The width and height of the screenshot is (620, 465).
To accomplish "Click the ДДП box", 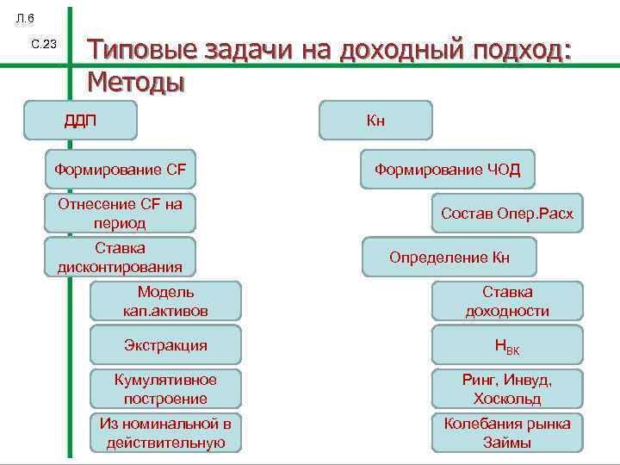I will click(80, 120).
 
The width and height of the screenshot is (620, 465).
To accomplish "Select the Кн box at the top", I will click(375, 120).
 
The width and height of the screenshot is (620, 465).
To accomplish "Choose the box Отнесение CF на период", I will click(120, 213).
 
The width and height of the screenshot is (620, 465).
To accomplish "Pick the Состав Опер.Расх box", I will click(506, 213).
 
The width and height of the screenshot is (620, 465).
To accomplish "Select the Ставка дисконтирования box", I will click(120, 257).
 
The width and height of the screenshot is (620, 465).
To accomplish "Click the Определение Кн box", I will click(449, 257).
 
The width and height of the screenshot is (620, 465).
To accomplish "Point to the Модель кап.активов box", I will click(165, 301).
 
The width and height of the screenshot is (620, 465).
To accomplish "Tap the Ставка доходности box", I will click(507, 301).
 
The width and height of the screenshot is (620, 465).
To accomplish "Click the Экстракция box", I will click(165, 345).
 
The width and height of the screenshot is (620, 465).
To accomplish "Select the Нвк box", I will click(507, 345).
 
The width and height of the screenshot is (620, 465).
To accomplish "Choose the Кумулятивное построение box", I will click(165, 388).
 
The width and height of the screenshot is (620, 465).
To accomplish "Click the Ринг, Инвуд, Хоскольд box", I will click(507, 388).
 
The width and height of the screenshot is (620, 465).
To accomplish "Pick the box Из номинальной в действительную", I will click(165, 433).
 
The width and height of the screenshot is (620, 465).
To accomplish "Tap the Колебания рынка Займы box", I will click(507, 433).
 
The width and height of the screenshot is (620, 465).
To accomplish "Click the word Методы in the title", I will click(136, 83).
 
